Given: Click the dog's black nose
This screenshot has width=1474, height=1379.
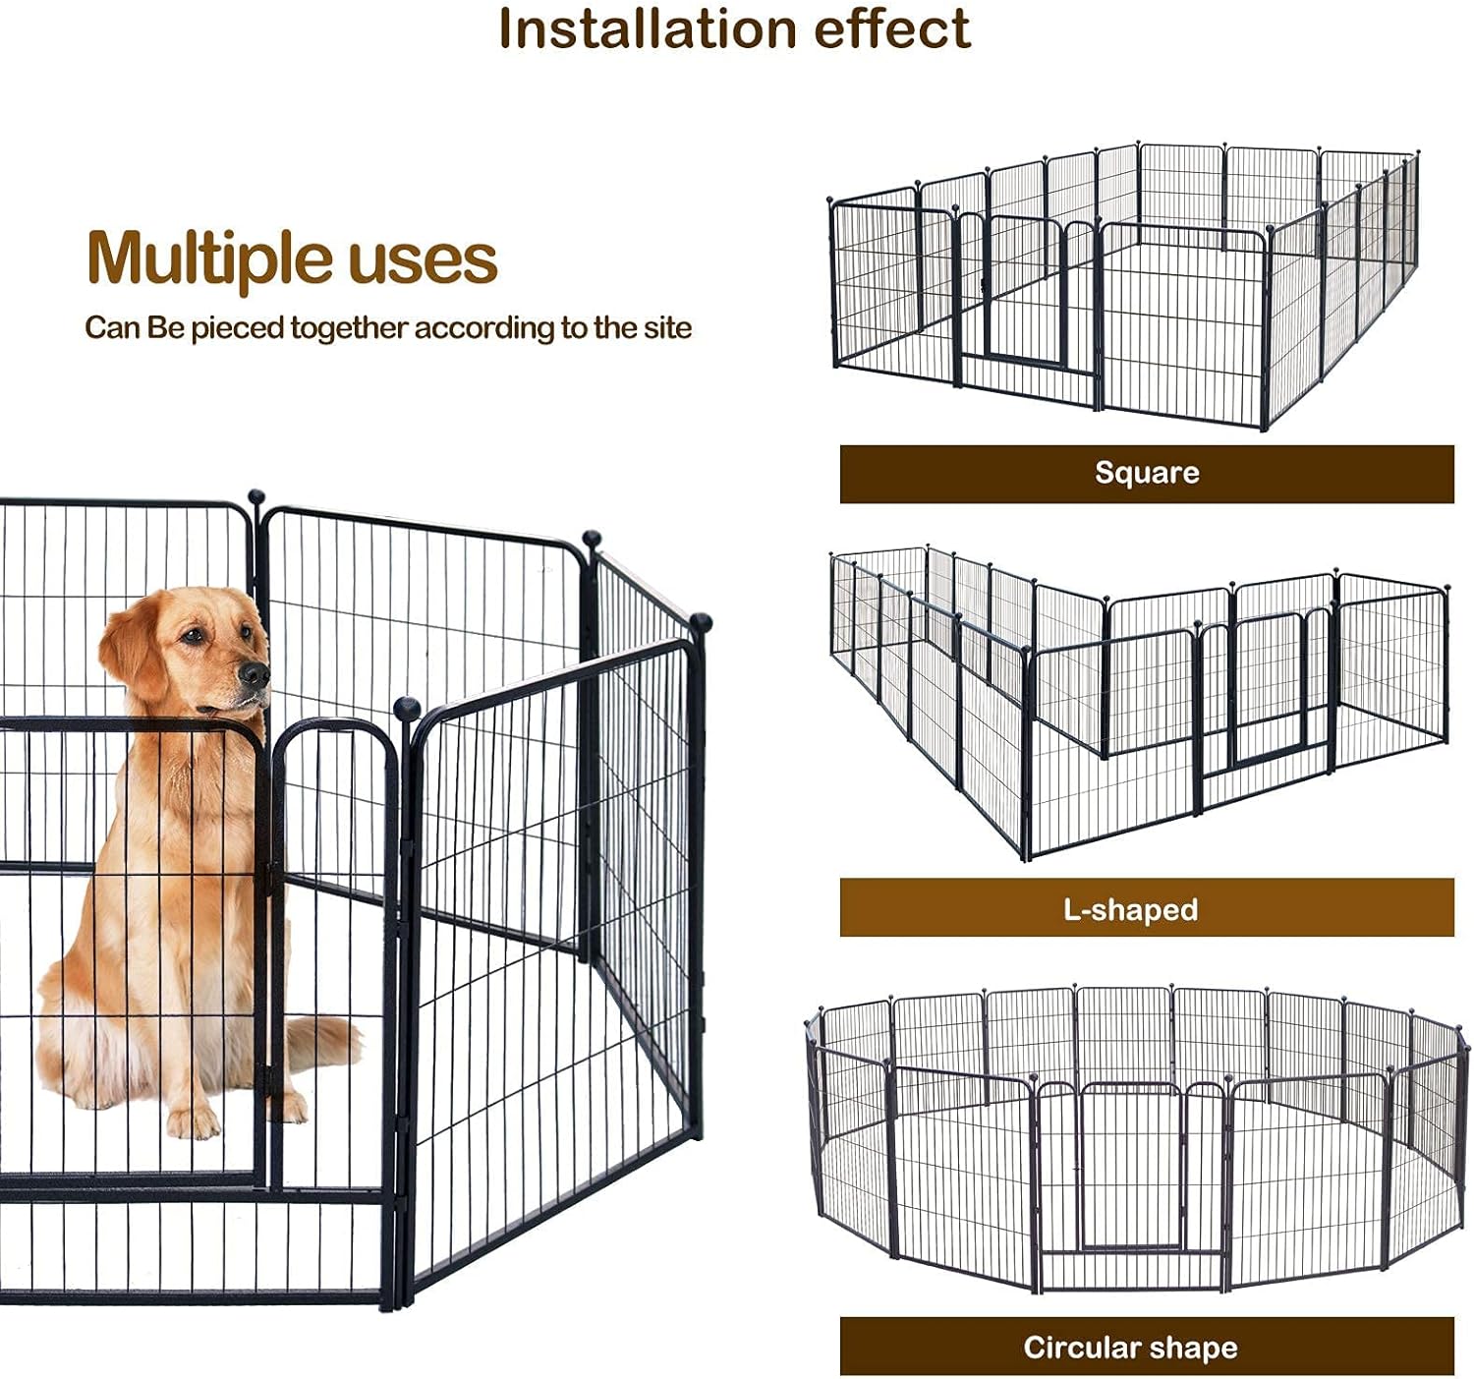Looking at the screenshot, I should pos(255,674).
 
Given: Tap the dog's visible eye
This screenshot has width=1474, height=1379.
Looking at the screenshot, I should pos(196,636).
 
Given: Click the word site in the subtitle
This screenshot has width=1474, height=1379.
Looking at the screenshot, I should pos(667,327).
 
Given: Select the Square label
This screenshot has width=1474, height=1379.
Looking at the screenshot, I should pos(1146,473).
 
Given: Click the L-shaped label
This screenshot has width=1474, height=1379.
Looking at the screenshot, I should pos(1130,909).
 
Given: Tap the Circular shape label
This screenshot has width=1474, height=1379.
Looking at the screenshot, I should pos(1130,1347).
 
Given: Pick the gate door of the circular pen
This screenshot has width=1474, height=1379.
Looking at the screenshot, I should pos(1130,1170).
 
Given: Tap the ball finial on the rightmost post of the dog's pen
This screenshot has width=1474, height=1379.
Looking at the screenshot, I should pos(701,621).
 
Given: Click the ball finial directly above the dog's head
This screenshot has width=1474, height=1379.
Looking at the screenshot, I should pos(256,496).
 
